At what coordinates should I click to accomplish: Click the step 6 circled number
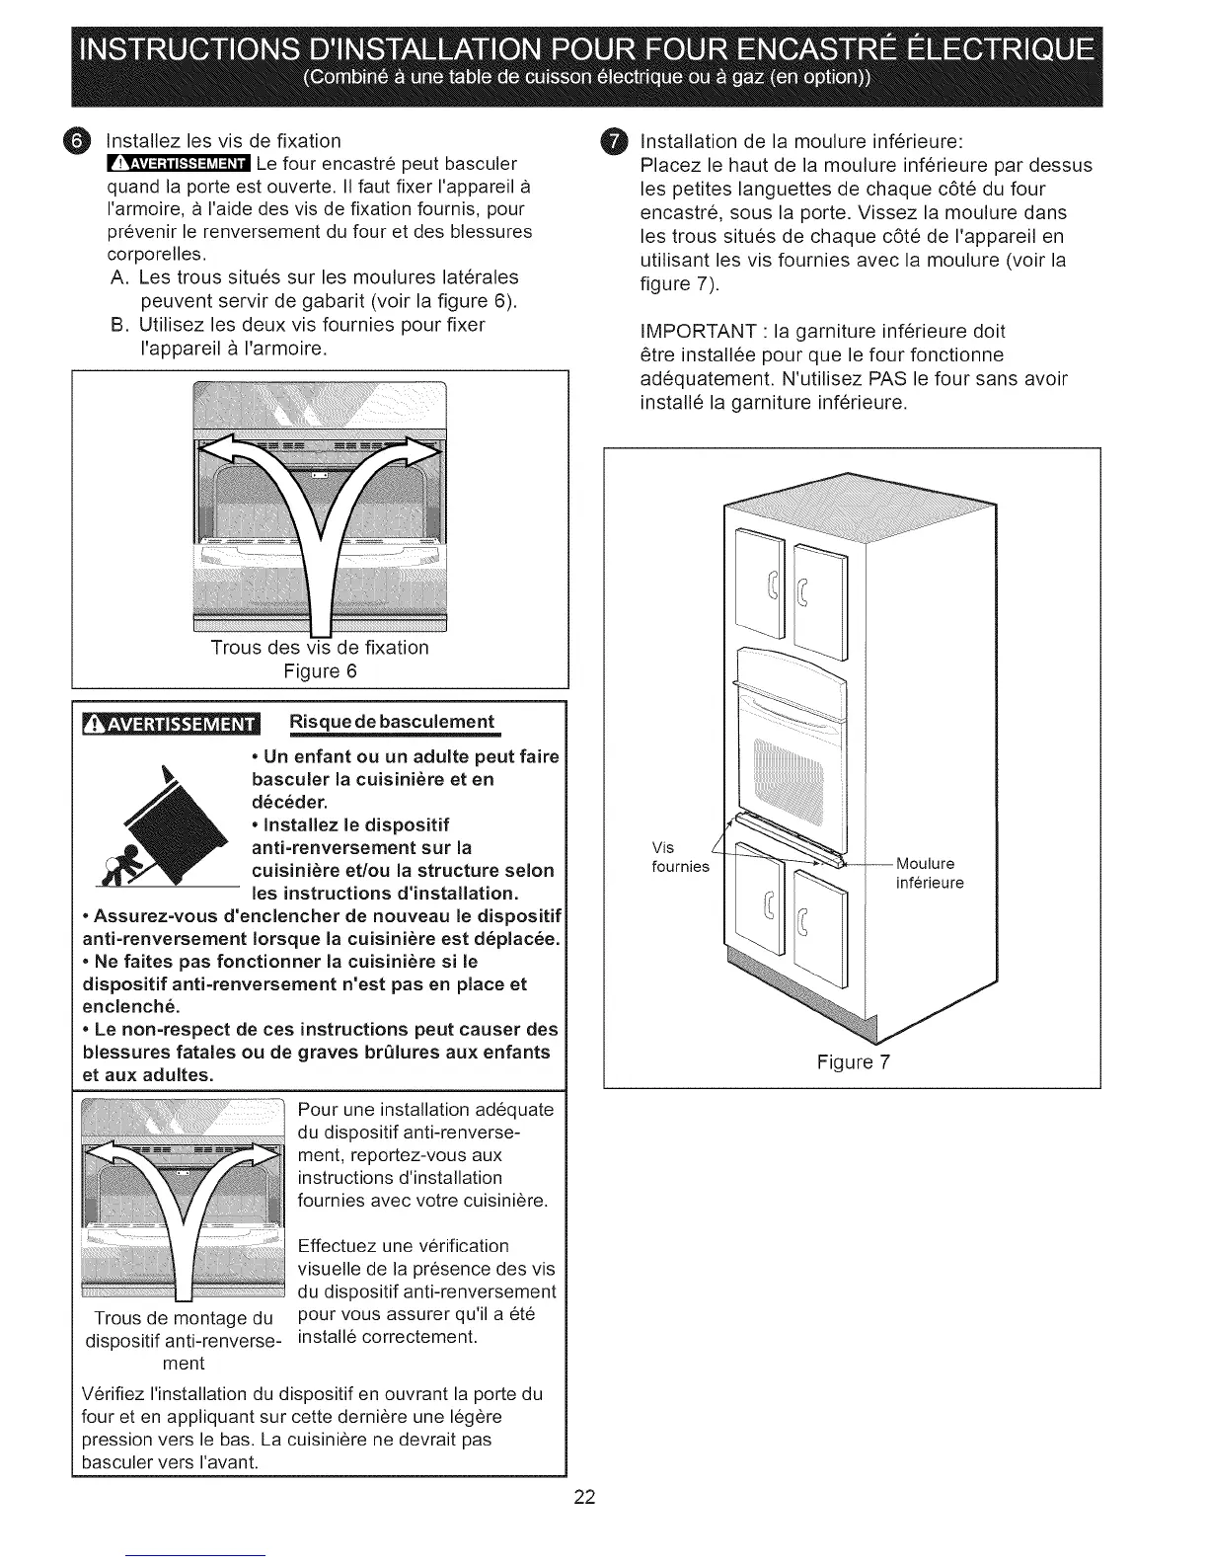[84, 142]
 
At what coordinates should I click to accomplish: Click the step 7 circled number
[614, 142]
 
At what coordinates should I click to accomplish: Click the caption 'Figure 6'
[319, 671]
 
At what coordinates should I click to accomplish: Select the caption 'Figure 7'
[853, 1061]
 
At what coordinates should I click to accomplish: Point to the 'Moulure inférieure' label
[929, 873]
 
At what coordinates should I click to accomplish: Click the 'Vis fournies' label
[680, 857]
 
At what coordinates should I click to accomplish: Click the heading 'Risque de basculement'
[390, 721]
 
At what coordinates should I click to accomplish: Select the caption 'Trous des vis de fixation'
[319, 648]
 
